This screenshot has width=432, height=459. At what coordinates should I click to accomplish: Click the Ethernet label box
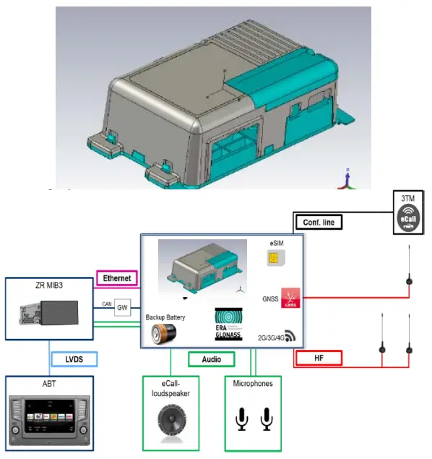117,278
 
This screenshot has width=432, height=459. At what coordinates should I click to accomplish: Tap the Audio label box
212,359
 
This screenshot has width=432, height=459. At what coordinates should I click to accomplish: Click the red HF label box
318,359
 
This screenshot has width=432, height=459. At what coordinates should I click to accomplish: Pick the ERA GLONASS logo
228,322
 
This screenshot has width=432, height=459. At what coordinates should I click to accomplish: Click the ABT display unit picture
48,420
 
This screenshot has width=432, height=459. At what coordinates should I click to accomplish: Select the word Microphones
253,383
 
